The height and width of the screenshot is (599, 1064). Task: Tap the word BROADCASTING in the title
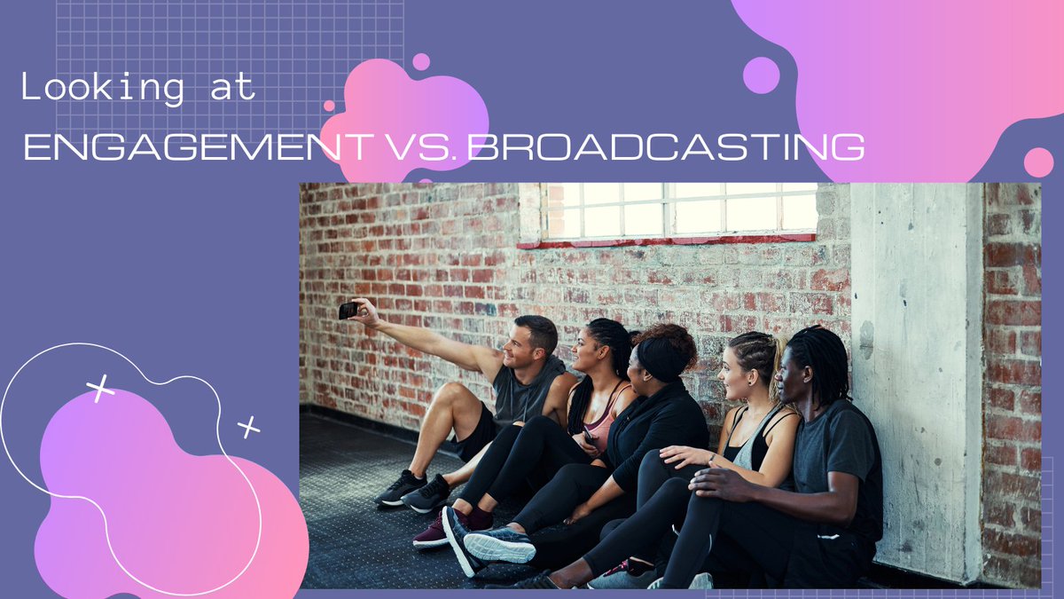pos(667,146)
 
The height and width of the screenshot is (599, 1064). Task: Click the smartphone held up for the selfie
pos(348,310)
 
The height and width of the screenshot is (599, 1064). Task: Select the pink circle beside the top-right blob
pos(1038,162)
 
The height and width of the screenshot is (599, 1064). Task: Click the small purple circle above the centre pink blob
pos(421,61)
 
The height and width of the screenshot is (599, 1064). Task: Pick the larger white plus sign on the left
pos(100,388)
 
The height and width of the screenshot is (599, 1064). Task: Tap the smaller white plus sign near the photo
pos(249,428)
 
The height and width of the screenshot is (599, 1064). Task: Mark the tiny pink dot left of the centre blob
pos(329,106)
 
